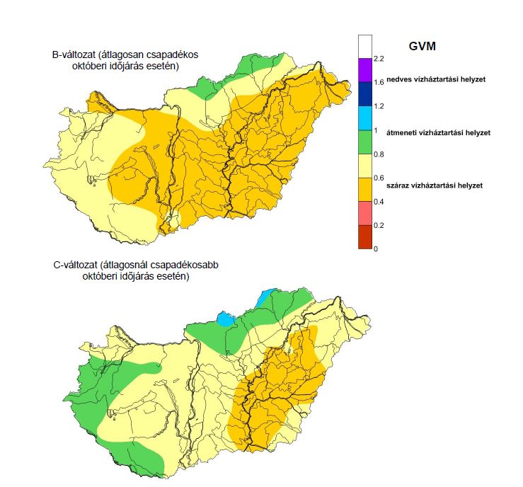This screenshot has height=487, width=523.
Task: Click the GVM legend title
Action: pos(422,46)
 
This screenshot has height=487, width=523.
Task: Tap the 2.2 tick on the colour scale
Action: pos(379,58)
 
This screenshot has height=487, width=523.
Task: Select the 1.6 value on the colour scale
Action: pos(379,82)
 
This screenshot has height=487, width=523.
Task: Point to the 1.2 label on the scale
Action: pos(379,106)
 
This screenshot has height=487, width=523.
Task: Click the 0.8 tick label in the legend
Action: pos(379,154)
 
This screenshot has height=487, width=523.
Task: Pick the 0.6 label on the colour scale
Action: pos(379,178)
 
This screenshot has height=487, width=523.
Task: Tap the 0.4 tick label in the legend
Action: pos(379,202)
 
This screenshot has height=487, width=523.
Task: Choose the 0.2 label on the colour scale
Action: pos(379,225)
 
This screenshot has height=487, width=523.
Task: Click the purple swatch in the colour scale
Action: pos(365,70)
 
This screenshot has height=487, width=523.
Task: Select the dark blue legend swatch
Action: pos(365,94)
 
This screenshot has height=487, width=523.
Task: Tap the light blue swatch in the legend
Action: pos(365,118)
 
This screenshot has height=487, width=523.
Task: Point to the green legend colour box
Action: pos(365,142)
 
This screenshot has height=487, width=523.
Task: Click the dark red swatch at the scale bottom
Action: pos(365,237)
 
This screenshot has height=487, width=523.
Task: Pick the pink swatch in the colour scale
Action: pos(365,213)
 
